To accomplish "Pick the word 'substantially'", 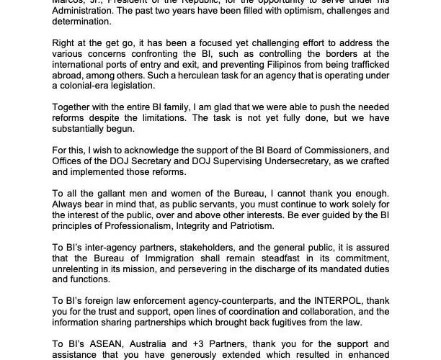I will coord(79,131).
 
